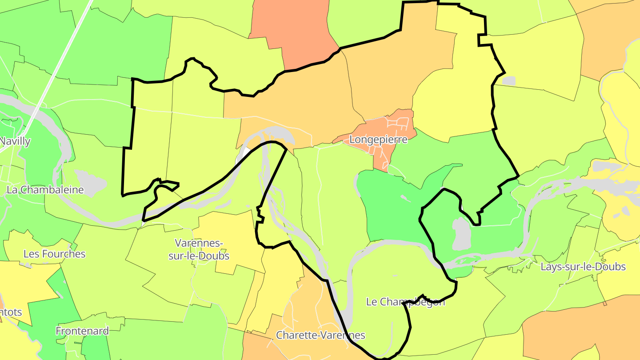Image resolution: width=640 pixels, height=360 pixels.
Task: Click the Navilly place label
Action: pos(15,141)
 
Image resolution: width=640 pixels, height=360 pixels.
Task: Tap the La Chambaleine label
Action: pos(45,190)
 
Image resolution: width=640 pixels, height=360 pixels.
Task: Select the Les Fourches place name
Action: pos(54,254)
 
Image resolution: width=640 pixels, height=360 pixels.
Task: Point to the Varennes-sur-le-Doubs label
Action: pos(202,249)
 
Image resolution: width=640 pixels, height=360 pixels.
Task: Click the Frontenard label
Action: pos(82,331)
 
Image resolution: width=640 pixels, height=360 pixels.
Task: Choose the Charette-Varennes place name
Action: pos(320,335)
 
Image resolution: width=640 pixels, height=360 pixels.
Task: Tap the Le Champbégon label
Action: pos(405,302)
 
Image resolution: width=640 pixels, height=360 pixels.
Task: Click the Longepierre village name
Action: pos(378,140)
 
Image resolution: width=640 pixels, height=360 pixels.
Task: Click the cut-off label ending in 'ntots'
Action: pos(11,312)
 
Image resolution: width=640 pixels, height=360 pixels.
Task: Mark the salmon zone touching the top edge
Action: pos(293,31)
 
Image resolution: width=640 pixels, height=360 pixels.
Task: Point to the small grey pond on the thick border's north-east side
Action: pos(508,81)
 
